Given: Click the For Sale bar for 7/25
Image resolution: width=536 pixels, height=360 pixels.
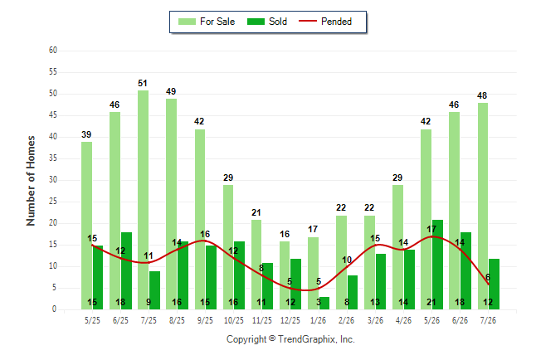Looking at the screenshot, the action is (144, 200).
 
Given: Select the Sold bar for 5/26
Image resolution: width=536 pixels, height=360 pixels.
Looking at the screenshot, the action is (437, 265).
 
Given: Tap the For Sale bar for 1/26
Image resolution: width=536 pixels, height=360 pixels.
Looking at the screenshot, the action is (313, 274).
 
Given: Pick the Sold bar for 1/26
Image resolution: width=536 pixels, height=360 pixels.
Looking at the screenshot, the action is (324, 304).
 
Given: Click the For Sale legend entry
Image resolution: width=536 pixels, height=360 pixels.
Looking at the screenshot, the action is (207, 22).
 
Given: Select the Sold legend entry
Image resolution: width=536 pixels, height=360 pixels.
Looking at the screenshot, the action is (267, 22).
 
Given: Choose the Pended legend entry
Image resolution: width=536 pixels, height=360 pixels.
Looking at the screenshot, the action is (325, 22).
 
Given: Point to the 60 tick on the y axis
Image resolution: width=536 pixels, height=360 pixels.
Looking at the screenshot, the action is (53, 51).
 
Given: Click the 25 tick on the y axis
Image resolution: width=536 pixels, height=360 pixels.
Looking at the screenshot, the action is (53, 202).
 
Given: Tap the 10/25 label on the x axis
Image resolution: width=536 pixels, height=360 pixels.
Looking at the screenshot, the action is (234, 320).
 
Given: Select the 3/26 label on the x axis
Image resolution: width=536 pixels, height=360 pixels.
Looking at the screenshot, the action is (375, 320).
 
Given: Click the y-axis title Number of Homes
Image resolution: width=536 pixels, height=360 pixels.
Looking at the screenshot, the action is (31, 181).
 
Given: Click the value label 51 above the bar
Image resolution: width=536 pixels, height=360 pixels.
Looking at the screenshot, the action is (143, 83).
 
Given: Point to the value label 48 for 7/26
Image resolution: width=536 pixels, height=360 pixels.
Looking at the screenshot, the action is (482, 95).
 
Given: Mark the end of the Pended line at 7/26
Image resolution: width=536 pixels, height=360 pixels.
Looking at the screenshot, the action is (489, 285).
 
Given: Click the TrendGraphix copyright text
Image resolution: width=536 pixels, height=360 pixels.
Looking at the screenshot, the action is (290, 339).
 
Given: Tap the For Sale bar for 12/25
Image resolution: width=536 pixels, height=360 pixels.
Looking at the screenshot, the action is (285, 275).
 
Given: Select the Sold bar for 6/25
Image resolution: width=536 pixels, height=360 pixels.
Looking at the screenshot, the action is (126, 271).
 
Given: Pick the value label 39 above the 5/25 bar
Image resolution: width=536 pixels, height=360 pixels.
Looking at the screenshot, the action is (86, 134).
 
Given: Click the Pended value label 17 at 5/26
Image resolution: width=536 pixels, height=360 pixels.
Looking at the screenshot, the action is (431, 229).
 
